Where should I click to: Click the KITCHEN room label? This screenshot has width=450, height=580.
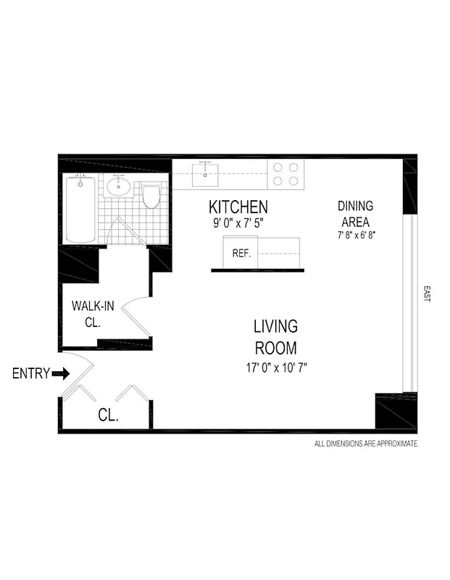pyautogui.click(x=238, y=207)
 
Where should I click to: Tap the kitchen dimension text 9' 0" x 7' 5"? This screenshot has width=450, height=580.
pyautogui.click(x=238, y=223)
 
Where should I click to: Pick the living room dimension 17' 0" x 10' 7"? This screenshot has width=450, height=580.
pyautogui.click(x=276, y=368)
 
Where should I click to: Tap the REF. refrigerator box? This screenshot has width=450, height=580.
pyautogui.click(x=241, y=254)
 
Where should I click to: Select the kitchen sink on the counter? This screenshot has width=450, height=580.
pyautogui.click(x=206, y=172)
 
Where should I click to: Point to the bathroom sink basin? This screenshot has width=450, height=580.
pyautogui.click(x=118, y=188)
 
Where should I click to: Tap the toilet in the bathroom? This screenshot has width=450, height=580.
pyautogui.click(x=151, y=196)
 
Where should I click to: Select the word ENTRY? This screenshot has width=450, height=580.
pyautogui.click(x=31, y=374)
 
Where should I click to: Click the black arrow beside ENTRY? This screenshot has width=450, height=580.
pyautogui.click(x=61, y=374)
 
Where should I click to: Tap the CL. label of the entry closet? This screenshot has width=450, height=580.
pyautogui.click(x=108, y=416)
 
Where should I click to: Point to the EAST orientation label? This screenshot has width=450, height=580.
pyautogui.click(x=426, y=294)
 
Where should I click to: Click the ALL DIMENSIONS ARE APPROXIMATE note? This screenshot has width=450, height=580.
pyautogui.click(x=365, y=443)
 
